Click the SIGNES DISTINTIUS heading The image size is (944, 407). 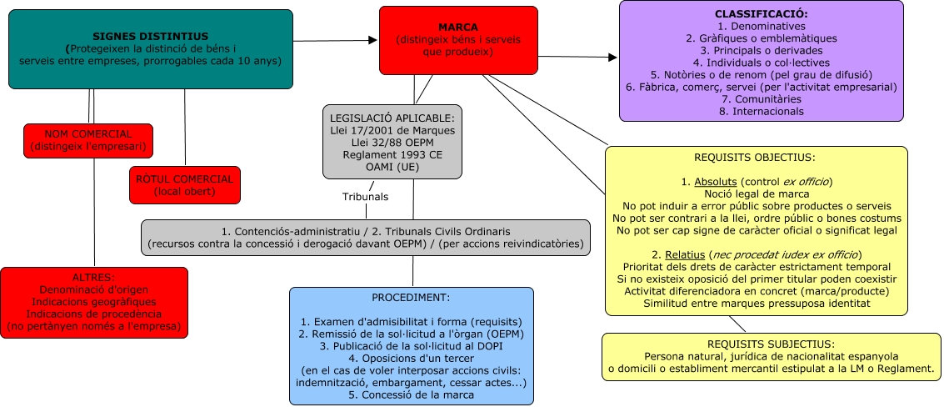click(150, 36)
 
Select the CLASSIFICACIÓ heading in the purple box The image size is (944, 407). click(761, 15)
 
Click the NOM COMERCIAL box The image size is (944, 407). click(88, 141)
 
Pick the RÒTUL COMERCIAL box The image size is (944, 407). click(184, 185)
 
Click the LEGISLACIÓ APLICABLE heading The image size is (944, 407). click(392, 117)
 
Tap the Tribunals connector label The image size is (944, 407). click(365, 197)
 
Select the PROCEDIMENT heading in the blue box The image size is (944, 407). click(411, 298)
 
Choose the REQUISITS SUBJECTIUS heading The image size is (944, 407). click(771, 344)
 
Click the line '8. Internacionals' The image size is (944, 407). click(761, 111)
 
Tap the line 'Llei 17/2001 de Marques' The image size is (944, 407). click(392, 129)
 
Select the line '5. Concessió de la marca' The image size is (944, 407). click(411, 394)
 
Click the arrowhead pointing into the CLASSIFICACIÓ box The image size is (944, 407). click(612, 58)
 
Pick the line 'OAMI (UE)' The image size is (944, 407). click(392, 167)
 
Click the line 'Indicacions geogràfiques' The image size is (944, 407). click(94, 301)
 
